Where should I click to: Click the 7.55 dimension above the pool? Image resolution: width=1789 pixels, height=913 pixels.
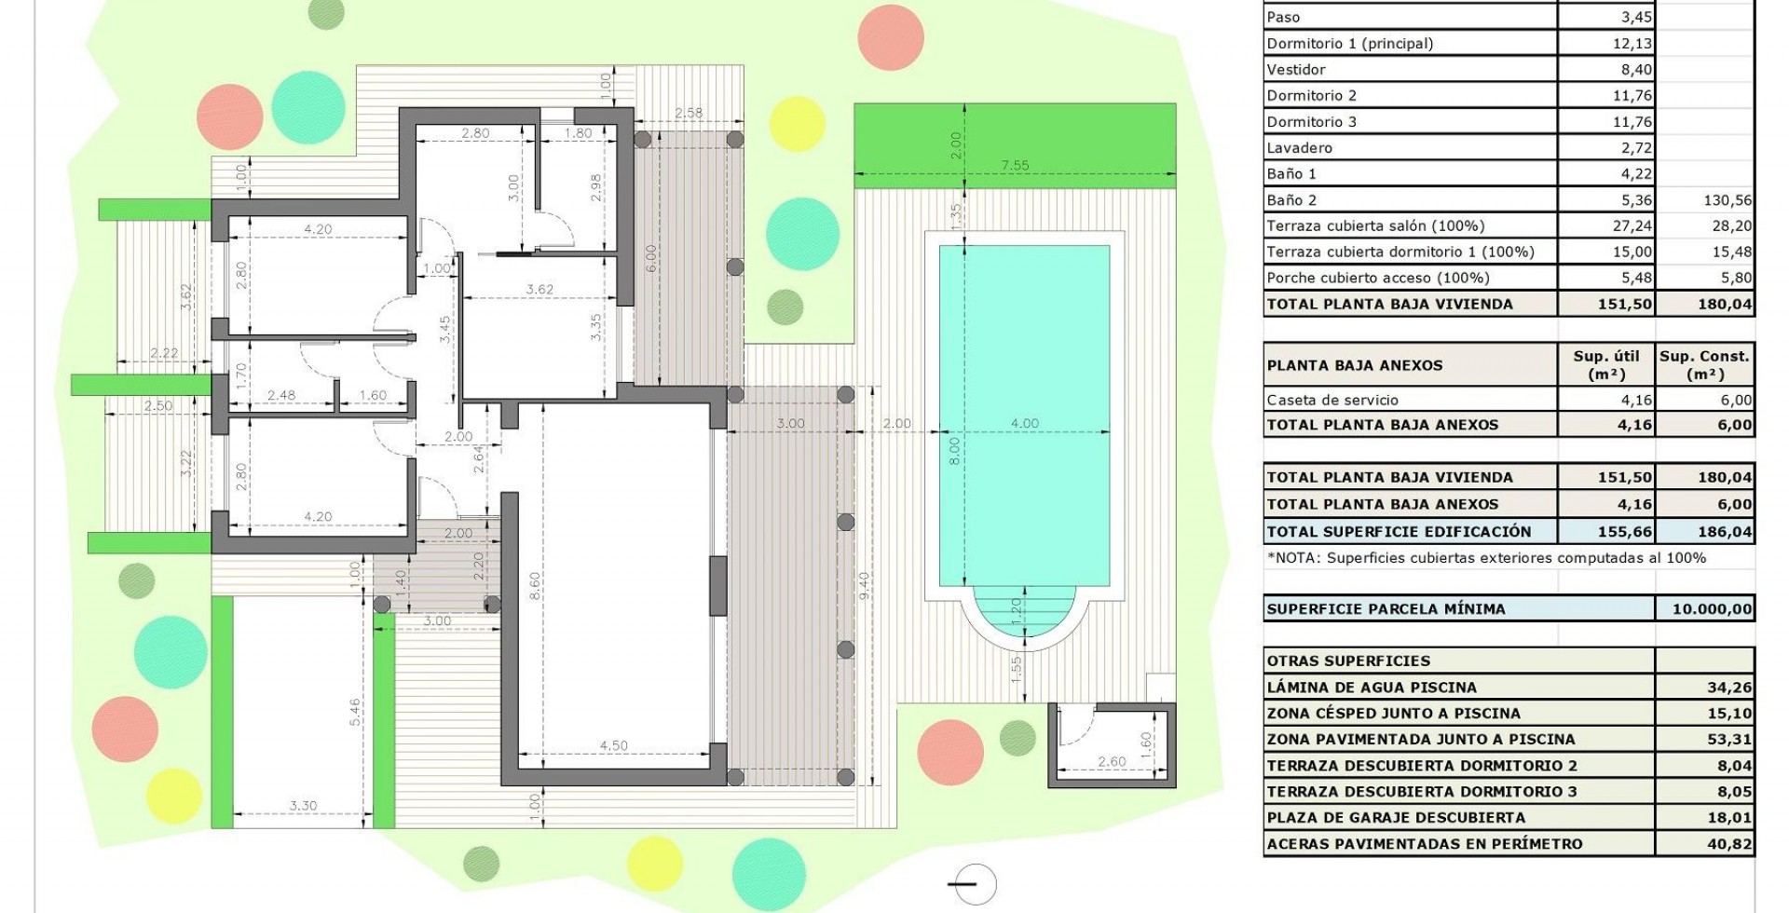click(x=1015, y=166)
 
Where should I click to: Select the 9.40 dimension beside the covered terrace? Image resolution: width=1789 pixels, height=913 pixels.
click(x=865, y=586)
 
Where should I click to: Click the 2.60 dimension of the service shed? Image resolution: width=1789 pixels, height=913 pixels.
click(x=1112, y=762)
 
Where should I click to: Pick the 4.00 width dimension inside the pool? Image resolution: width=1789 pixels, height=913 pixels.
click(x=1025, y=423)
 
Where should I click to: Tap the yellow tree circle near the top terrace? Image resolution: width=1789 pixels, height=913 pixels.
click(x=798, y=124)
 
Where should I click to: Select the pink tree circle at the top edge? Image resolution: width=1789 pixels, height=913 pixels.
click(x=891, y=38)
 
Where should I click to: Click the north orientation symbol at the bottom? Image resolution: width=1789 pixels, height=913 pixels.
click(x=971, y=884)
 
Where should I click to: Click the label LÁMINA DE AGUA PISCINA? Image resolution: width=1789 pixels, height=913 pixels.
click(x=1372, y=688)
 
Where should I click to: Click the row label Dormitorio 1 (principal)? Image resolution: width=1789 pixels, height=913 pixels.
click(x=1349, y=44)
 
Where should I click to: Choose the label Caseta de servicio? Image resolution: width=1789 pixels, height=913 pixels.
click(x=1332, y=401)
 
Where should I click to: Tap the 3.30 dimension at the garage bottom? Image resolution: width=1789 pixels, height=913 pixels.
click(x=304, y=806)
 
